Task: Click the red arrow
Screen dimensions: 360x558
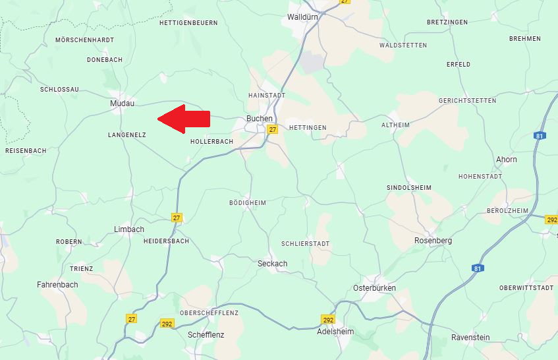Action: click(x=184, y=119)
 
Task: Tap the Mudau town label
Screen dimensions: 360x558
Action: click(x=122, y=104)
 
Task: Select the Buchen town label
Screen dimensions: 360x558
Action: click(x=259, y=119)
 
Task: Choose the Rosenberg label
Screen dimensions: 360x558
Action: click(x=433, y=241)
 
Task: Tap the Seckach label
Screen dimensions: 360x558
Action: click(x=272, y=264)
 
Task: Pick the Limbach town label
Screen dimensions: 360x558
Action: click(x=128, y=229)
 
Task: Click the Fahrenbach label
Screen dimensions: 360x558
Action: click(x=57, y=285)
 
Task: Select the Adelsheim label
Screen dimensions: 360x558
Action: click(x=335, y=332)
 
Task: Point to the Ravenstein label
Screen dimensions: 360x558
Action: click(x=470, y=338)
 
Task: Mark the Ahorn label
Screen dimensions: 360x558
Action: click(x=507, y=160)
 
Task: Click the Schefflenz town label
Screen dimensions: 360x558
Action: click(x=206, y=335)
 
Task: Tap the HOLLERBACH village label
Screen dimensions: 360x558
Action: click(x=211, y=142)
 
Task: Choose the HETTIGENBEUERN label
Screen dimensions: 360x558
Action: click(x=188, y=23)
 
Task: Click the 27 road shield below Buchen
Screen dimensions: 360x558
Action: click(x=272, y=130)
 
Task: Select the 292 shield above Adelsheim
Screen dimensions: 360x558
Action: click(x=328, y=320)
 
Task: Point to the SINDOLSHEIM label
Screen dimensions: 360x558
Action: click(x=408, y=188)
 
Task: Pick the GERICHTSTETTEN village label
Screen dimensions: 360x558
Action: click(x=467, y=101)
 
